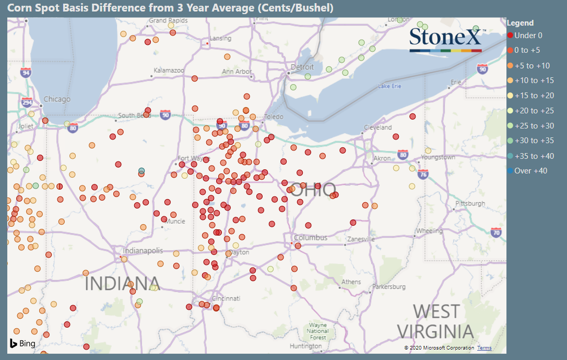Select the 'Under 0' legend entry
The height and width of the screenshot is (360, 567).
(528, 36)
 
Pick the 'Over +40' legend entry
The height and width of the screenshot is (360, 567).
(530, 171)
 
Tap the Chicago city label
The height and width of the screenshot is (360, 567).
(56, 99)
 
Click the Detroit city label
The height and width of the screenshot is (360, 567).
(302, 67)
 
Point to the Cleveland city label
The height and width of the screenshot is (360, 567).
(377, 127)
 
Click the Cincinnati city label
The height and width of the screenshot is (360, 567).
(226, 298)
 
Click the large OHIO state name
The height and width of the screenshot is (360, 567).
(313, 190)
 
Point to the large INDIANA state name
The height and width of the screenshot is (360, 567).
(122, 283)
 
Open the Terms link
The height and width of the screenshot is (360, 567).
(484, 348)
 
